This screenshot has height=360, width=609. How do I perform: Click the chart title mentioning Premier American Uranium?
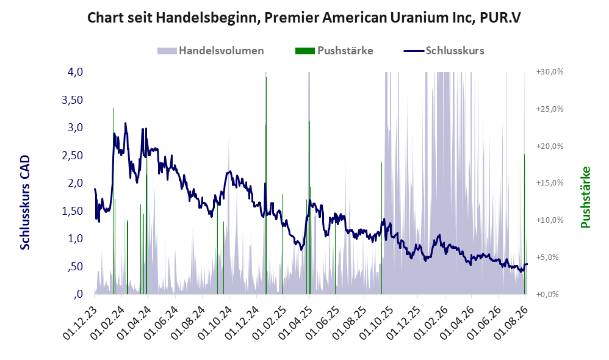[304, 18]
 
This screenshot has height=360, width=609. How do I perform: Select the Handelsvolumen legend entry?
[211, 51]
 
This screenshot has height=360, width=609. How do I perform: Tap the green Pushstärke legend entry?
[334, 51]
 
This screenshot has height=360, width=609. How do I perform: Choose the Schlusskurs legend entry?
[444, 51]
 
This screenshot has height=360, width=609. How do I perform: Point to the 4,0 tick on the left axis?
[75, 72]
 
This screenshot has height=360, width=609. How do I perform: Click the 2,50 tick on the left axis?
[73, 156]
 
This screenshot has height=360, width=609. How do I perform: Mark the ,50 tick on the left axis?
[76, 267]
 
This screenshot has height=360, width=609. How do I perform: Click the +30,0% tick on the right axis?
[550, 72]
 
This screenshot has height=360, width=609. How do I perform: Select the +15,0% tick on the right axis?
[550, 183]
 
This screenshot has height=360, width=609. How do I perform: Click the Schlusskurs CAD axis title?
[25, 203]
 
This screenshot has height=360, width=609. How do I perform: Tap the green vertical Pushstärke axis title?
[586, 197]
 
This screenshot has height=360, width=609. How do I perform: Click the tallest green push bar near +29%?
[266, 185]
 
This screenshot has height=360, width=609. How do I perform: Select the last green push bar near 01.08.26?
[524, 225]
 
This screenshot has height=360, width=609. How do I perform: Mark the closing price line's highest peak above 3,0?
[126, 123]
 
